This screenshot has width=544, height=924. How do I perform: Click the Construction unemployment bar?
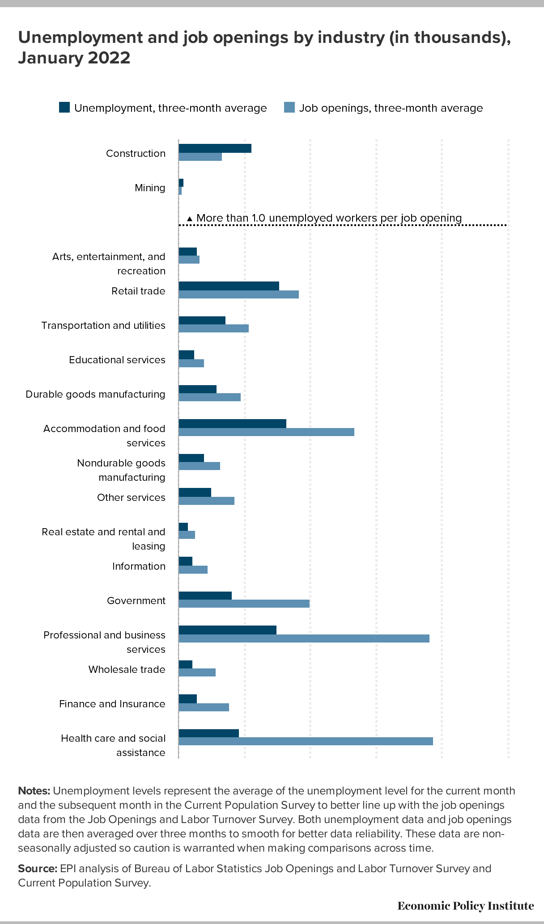[215, 148]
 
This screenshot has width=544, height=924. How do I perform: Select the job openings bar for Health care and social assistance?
[306, 741]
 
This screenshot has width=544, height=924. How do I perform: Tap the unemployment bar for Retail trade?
[229, 286]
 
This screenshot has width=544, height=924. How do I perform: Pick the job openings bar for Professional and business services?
[304, 638]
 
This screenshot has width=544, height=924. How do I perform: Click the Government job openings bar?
[244, 604]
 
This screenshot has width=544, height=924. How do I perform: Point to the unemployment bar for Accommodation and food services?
[233, 424]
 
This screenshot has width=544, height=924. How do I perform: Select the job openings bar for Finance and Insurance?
[204, 707]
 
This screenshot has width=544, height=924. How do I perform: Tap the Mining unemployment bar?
[181, 183]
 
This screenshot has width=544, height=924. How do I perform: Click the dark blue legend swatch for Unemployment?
[64, 108]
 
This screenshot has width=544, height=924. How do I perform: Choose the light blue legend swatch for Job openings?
[289, 108]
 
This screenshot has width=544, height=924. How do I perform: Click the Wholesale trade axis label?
[127, 669]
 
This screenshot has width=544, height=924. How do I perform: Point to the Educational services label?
[117, 360]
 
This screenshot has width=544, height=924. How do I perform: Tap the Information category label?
[139, 566]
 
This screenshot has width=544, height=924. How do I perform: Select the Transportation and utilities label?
[103, 325]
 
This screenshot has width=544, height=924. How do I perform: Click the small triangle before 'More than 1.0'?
[190, 219]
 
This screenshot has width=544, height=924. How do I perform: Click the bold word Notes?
[34, 791]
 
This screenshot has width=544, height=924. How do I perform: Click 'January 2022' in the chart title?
[74, 58]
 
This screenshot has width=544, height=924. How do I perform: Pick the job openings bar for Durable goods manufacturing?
[210, 397]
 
